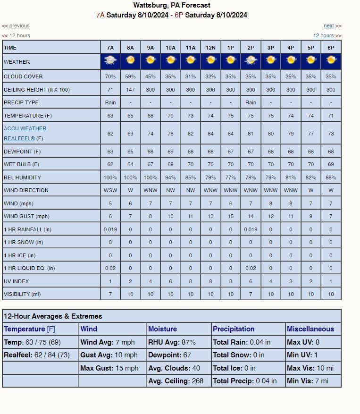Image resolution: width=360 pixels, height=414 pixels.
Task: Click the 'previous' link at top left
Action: click(x=19, y=26)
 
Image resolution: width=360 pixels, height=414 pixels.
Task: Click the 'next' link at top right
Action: click(x=328, y=26)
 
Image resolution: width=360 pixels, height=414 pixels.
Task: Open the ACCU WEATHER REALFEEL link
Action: click(x=25, y=133)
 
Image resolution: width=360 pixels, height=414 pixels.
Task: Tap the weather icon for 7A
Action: click(x=110, y=61)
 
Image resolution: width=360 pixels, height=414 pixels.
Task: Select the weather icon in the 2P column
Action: click(x=251, y=61)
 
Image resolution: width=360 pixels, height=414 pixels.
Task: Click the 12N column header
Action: click(x=210, y=48)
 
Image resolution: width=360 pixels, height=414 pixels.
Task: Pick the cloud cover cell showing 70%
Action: click(x=110, y=76)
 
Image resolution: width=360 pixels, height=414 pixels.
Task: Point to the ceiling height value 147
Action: click(x=130, y=90)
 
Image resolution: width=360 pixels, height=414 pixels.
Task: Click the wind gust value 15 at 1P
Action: click(x=231, y=216)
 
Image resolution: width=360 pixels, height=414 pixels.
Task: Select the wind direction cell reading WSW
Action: click(x=110, y=190)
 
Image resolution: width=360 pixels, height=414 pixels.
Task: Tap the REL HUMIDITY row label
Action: click(x=22, y=177)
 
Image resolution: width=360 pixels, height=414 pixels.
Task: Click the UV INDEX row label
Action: click(x=17, y=281)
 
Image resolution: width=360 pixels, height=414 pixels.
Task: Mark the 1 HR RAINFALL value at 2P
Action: click(x=251, y=229)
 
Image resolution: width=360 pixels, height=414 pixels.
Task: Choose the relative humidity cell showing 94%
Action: click(x=170, y=177)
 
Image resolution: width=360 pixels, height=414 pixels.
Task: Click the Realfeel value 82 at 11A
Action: click(x=191, y=134)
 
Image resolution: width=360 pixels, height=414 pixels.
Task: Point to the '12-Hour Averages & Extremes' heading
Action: click(x=53, y=316)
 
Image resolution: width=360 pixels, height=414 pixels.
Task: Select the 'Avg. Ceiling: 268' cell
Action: click(x=176, y=381)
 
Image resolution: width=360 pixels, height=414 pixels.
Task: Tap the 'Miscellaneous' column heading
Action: click(x=310, y=329)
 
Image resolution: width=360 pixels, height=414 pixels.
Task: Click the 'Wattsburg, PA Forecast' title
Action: click(x=172, y=5)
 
